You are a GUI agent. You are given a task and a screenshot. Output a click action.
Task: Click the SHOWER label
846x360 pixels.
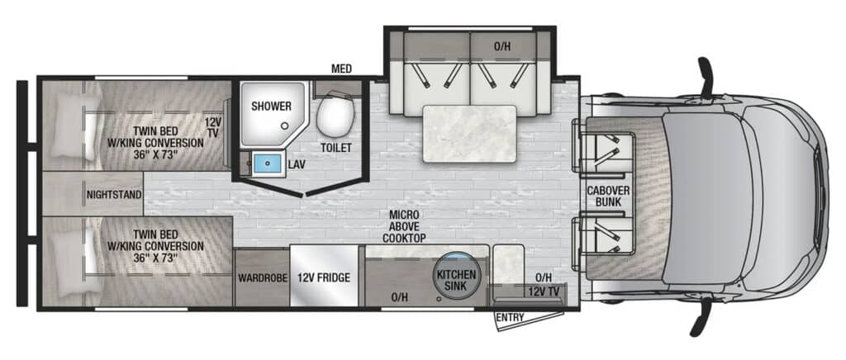point(271,107)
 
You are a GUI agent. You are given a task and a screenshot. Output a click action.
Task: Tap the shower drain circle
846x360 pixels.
point(284,126)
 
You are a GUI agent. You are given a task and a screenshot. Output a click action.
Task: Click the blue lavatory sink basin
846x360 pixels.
point(268,163)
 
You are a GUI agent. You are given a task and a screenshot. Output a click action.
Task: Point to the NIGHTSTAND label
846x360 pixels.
point(114,194)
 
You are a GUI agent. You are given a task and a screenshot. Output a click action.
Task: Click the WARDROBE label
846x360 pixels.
point(262,278)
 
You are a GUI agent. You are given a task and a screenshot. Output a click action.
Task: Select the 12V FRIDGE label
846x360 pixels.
point(324,278)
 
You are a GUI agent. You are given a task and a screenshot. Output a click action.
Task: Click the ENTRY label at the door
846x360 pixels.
point(510,317)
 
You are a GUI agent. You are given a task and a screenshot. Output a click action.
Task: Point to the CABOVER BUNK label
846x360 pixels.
point(604,197)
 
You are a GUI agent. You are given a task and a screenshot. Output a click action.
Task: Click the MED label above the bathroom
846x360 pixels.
point(342,69)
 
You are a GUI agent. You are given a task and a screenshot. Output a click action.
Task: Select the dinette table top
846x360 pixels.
point(469,133)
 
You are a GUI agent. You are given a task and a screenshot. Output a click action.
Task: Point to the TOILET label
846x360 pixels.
point(336,147)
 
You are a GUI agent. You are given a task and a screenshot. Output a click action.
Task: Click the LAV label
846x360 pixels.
point(297,164)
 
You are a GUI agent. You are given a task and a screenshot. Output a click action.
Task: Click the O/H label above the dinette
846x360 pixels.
point(501,46)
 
